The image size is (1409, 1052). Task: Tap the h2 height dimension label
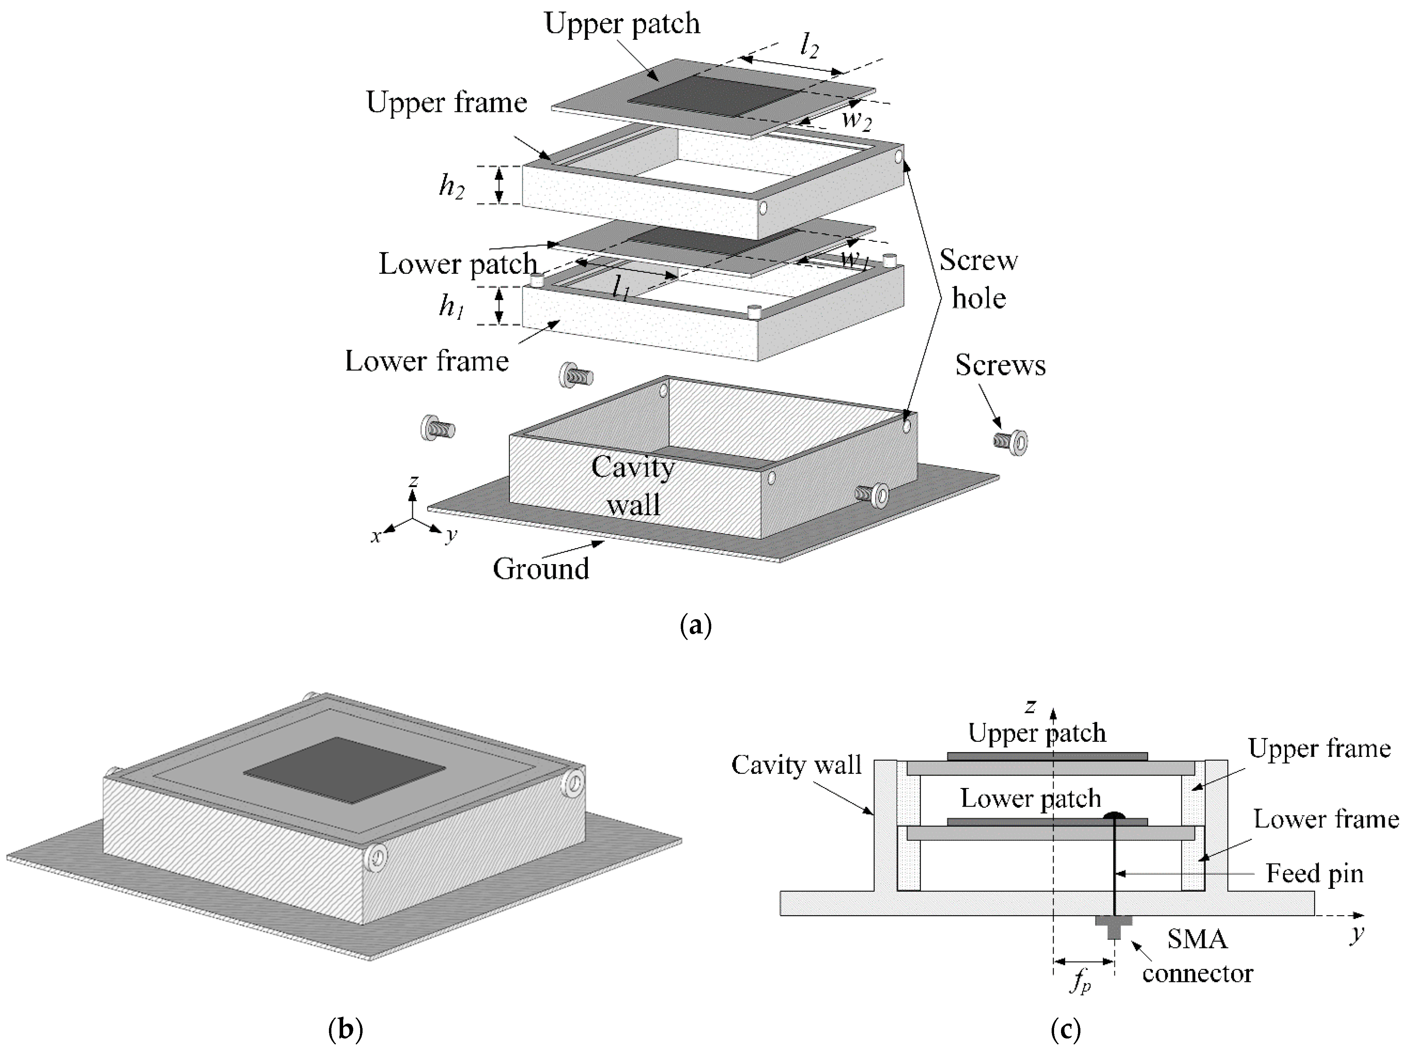(x=451, y=186)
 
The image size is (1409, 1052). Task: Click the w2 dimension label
(x=857, y=121)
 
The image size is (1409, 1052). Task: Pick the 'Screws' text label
(x=1000, y=365)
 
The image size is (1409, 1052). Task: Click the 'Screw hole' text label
(x=979, y=279)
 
